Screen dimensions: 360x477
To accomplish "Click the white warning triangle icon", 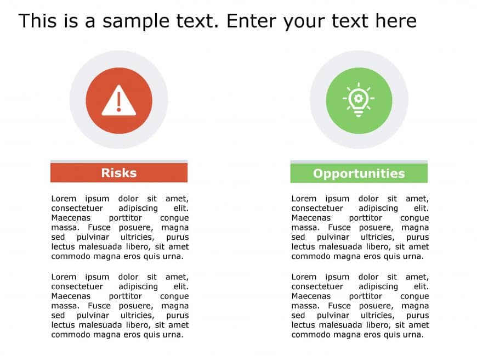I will [x=118, y=101].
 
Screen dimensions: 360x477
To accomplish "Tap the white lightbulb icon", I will [x=359, y=100].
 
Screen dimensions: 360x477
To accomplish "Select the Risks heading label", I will [x=118, y=173].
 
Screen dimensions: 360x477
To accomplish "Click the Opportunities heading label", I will [x=359, y=173].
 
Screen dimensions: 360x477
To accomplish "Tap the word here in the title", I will [x=396, y=21].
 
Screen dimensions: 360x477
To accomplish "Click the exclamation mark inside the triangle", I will [x=118, y=102].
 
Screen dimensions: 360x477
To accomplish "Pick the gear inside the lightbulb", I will [x=359, y=98].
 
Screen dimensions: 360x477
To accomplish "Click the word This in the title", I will [x=37, y=21].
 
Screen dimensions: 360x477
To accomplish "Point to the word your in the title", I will [x=302, y=22].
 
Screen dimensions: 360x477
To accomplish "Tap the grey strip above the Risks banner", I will [x=118, y=161].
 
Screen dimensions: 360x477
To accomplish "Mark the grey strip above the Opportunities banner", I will [x=359, y=161].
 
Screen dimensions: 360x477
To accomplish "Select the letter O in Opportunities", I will [x=318, y=173].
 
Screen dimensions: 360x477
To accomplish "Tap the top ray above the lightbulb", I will [x=359, y=85].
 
